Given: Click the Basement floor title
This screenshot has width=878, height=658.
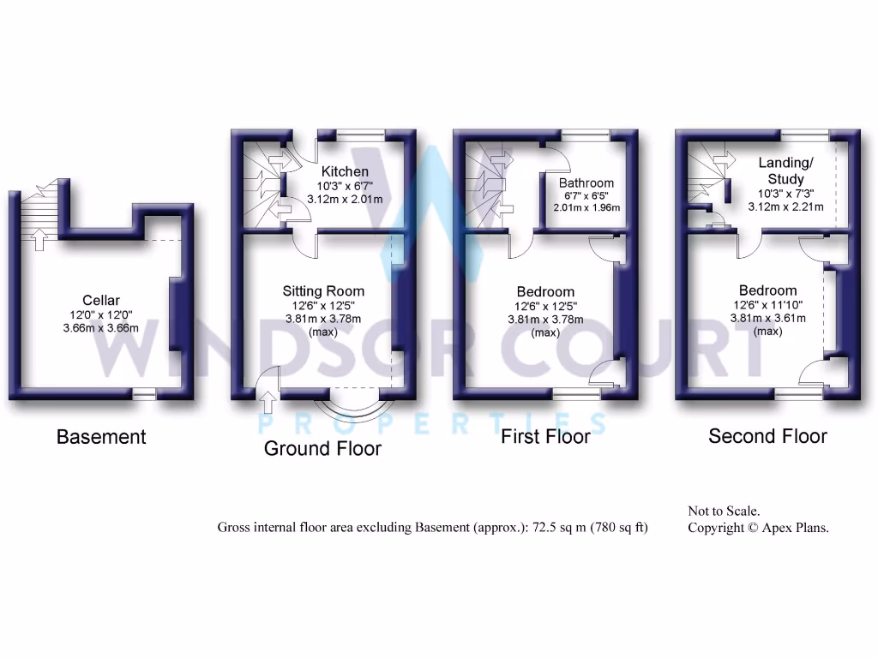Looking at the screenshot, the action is pos(101,437).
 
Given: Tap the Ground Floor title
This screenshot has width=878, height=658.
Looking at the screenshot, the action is pos(322,448).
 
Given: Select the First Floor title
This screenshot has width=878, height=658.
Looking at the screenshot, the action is pos(545,437).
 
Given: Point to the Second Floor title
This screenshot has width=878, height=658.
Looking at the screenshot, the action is pos(767,436).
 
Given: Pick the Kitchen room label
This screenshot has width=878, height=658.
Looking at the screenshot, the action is pos(345,172).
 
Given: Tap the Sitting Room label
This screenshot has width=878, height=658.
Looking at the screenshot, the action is pos(323,291).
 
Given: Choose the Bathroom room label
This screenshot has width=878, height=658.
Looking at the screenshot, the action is pos(586,183).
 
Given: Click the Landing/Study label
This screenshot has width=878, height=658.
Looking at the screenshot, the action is pos(786,170).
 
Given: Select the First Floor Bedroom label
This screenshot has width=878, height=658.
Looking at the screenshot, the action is pos(545,292).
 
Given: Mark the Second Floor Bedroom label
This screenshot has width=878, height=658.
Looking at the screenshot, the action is pos(767,290).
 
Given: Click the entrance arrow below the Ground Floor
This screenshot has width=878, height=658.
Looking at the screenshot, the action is pos(267,399).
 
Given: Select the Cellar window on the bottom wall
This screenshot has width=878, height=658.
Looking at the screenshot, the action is pos(144,393).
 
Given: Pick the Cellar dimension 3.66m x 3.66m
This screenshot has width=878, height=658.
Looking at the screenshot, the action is pos(100,327).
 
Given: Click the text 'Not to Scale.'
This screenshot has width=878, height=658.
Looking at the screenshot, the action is pos(724,511).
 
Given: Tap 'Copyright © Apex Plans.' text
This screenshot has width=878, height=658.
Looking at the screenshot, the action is pos(758,528).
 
